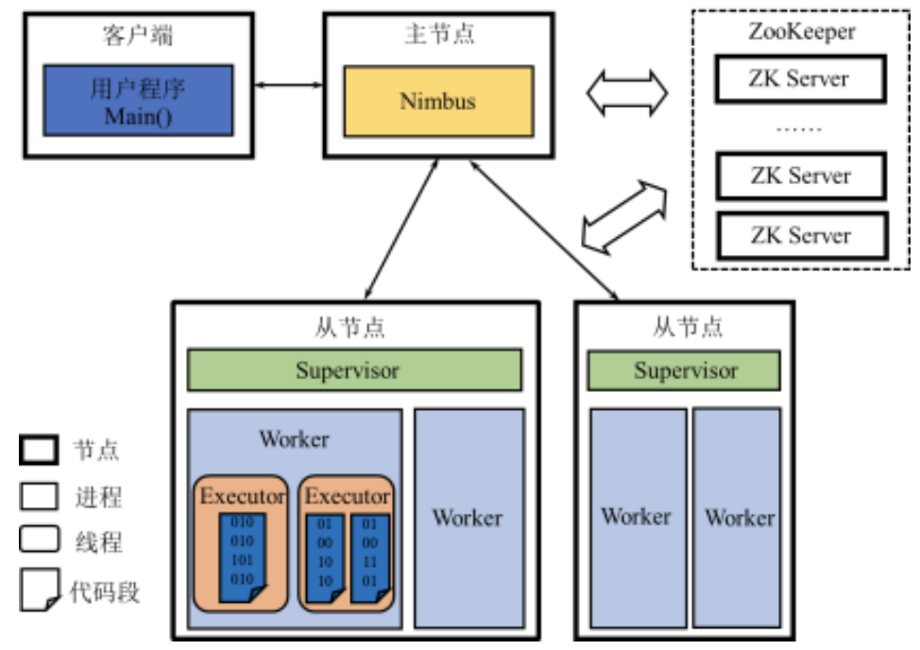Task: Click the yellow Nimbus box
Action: (437, 100)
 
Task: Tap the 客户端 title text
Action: (137, 37)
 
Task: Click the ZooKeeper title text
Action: (800, 32)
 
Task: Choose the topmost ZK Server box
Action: (800, 78)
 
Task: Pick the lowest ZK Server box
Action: (800, 235)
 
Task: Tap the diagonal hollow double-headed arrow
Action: (624, 216)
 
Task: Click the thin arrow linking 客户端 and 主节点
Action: (288, 86)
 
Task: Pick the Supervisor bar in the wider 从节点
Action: (354, 369)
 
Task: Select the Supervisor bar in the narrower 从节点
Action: (684, 369)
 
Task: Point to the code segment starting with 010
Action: (243, 558)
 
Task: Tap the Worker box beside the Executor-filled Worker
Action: (469, 518)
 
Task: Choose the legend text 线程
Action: (97, 543)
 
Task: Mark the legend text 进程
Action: (97, 497)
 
